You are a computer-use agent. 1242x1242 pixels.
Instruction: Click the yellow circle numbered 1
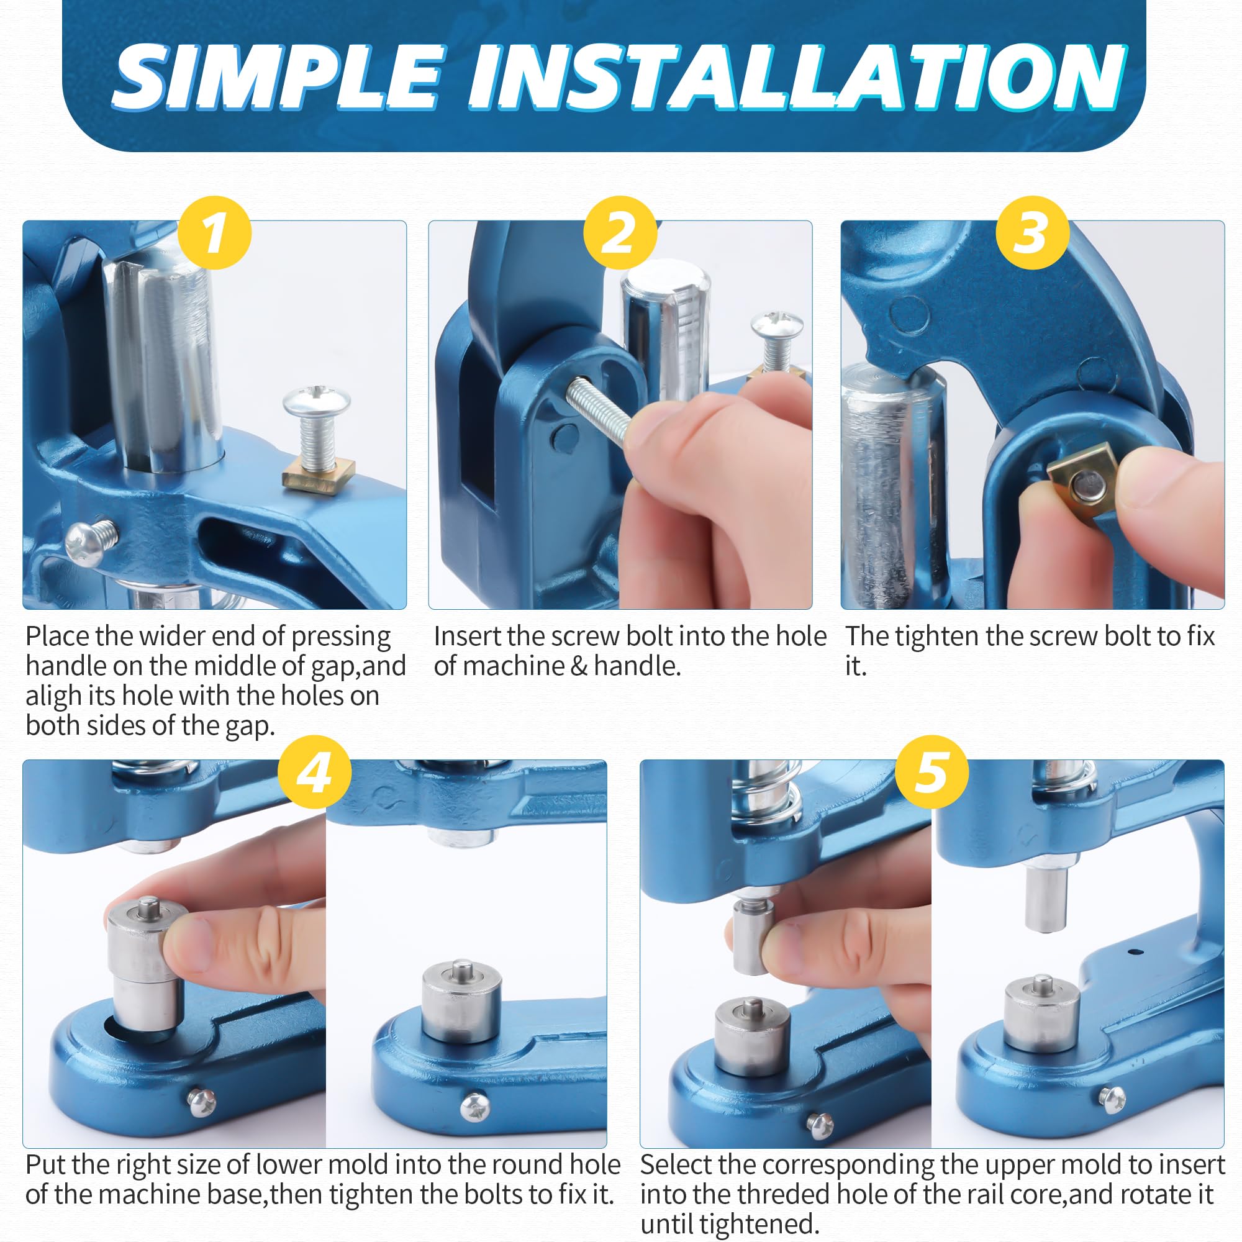coord(214,233)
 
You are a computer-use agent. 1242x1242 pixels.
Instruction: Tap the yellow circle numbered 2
coord(620,233)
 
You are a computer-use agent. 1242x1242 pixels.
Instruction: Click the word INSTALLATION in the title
coord(797,77)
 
